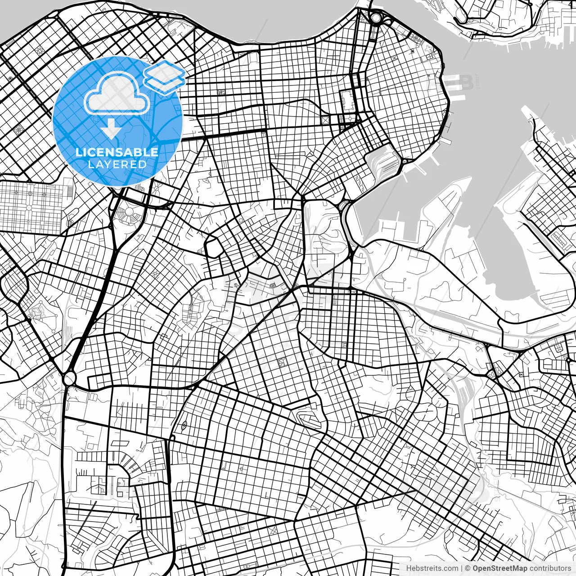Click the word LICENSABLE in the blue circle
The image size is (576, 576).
click(117, 152)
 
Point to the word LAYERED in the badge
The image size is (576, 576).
click(117, 164)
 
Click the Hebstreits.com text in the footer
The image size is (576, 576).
click(432, 568)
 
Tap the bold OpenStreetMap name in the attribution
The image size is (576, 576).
click(499, 568)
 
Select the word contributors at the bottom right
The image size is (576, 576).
click(549, 568)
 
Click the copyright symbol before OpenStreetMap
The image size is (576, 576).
click(468, 568)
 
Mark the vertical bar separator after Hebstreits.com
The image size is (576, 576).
click(462, 568)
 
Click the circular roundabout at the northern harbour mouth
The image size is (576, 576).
click(375, 18)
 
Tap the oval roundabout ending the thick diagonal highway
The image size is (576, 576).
click(69, 378)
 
